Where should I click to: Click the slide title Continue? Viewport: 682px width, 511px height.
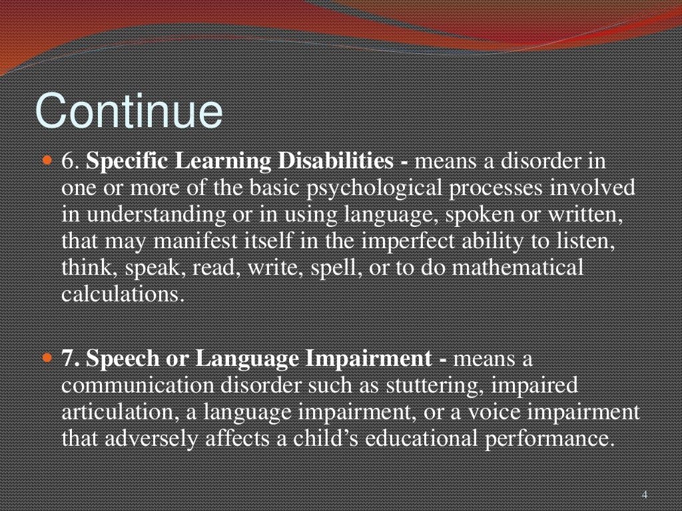(129, 111)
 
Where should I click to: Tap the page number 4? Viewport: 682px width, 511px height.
(644, 494)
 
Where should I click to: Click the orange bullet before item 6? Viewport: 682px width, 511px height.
(47, 161)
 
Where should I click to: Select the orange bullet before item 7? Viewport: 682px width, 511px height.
(47, 358)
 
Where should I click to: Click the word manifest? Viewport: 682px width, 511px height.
(172, 241)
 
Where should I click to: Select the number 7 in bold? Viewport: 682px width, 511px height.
(67, 359)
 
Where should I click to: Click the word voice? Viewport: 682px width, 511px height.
(490, 412)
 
